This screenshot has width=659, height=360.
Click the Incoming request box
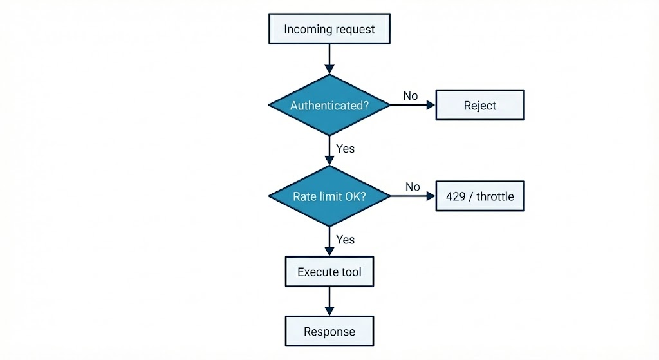pos(329,29)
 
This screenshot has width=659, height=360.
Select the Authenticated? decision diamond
pos(329,105)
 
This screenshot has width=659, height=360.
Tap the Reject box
pos(480,105)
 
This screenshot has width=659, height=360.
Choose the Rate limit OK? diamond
pos(329,196)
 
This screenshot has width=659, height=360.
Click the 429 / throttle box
pos(480,196)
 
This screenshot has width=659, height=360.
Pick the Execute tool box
pos(329,272)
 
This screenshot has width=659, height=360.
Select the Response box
pos(329,332)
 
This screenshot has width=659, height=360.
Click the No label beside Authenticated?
pos(411,95)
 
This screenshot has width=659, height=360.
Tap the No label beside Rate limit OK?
pos(413,187)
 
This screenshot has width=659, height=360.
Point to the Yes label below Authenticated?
pos(346,148)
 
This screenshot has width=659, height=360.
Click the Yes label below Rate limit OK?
pos(346,239)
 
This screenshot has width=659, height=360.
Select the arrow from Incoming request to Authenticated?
pos(329,59)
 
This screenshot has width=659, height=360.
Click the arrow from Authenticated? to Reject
pos(413,106)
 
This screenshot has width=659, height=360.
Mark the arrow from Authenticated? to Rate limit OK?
pos(329,150)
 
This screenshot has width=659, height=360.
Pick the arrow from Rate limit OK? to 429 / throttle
pos(413,196)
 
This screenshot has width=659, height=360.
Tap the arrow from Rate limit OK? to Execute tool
pos(329,242)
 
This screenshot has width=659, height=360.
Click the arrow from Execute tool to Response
pos(329,301)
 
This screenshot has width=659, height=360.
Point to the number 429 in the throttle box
pos(456,196)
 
